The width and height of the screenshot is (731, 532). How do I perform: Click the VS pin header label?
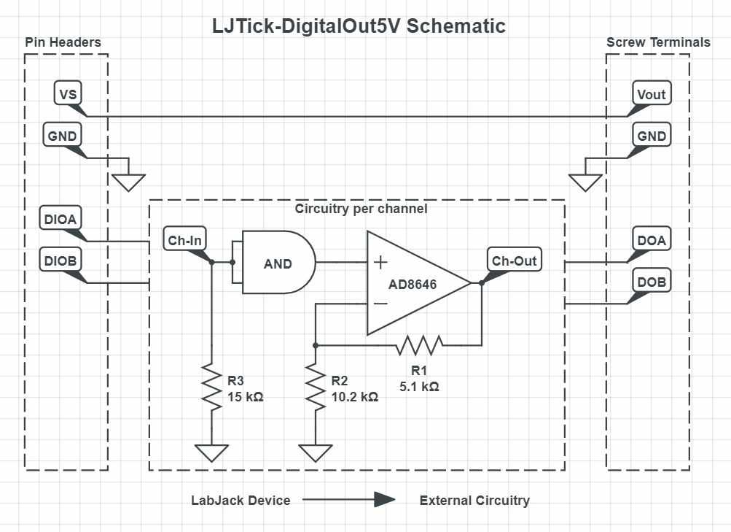[x=67, y=94]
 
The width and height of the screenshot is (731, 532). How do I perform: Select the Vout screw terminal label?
[x=651, y=94]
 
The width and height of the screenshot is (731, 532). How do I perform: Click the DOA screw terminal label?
[x=651, y=240]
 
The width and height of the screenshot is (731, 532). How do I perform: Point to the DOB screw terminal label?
[x=651, y=281]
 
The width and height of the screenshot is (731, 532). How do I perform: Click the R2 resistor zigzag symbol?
[x=315, y=388]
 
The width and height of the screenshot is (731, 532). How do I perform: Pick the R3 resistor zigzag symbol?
[x=211, y=388]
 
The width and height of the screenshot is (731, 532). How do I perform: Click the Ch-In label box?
[x=186, y=241]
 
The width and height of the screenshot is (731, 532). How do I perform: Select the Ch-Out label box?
[x=514, y=261]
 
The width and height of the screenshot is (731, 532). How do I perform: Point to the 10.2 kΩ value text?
[x=355, y=397]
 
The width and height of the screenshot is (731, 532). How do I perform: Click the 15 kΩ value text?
[x=245, y=397]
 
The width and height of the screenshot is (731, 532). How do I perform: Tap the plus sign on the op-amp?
[x=380, y=263]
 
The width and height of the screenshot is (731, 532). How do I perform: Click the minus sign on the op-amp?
[x=380, y=303]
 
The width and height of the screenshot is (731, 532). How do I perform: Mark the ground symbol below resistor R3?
[x=211, y=452]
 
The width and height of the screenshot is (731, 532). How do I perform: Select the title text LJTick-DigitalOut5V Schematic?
[x=359, y=26]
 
